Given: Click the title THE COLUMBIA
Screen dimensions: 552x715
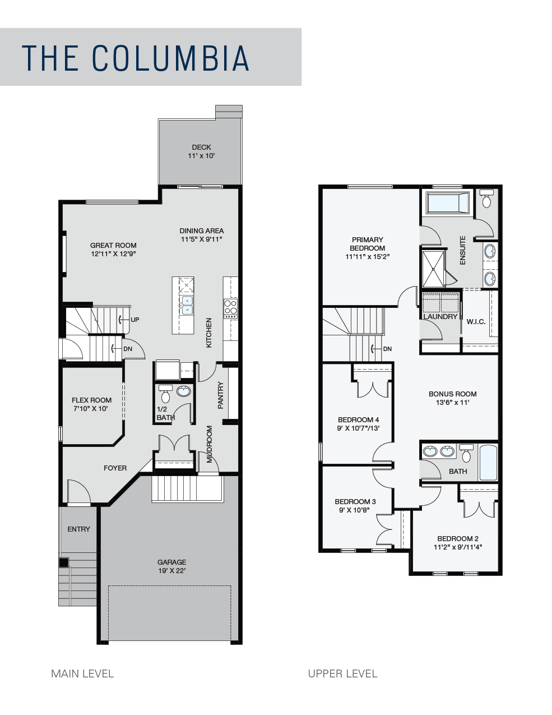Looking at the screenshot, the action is coord(135,58).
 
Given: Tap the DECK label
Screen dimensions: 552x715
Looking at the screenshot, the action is coord(201,147).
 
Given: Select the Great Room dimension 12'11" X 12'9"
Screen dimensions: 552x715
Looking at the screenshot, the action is coord(113,253).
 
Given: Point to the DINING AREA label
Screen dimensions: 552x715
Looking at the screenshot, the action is coord(202,230).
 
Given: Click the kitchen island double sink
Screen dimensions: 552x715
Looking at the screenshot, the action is coord(187,305).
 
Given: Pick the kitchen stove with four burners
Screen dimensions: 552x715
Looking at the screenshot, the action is coord(230,308).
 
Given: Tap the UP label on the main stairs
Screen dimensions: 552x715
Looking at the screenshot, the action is coord(135,320).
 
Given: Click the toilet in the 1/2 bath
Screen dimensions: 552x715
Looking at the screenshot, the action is coord(165,394).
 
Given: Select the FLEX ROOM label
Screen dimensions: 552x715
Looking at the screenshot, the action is coord(91,400).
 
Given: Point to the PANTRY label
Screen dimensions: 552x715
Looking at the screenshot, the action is coord(221,395).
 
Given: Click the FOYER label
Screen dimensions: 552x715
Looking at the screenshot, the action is coord(115,468).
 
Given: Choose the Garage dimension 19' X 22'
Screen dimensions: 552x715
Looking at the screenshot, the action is coord(172,570).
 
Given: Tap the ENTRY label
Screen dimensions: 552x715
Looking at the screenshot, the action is coord(78,529).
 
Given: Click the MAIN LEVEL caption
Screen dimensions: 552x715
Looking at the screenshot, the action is coord(82,674).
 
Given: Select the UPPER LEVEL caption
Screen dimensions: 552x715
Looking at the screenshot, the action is coord(342,674).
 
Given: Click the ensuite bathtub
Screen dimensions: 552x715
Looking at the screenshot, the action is coord(447,203).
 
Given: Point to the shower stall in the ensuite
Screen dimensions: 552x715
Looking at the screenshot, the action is coord(433,269).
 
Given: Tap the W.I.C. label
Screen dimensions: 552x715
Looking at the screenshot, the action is coord(476,321).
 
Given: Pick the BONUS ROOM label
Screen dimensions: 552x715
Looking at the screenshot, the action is coord(452,394).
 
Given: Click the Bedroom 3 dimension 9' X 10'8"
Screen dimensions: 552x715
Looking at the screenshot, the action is coord(355,510).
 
